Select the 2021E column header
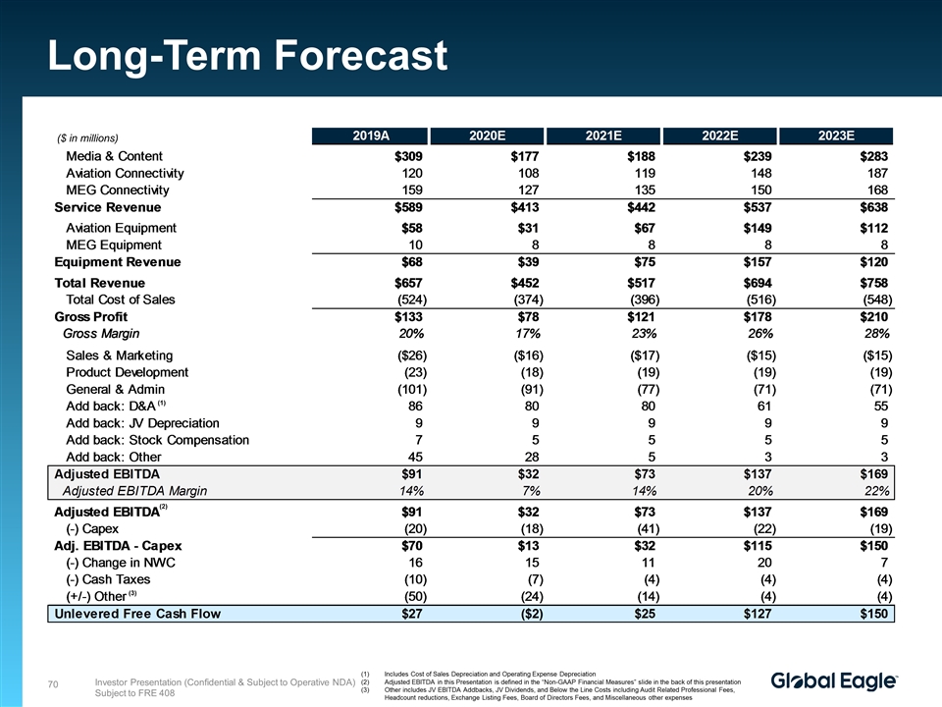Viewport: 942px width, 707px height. pos(603,136)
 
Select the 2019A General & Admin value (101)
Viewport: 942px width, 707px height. pos(403,389)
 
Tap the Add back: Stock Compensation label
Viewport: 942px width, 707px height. pos(157,440)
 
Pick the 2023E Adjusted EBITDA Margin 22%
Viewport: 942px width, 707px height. pos(873,491)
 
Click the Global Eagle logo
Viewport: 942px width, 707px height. pos(834,681)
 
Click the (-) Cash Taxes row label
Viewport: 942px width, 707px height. pos(108,579)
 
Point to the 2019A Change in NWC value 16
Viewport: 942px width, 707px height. pos(414,562)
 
